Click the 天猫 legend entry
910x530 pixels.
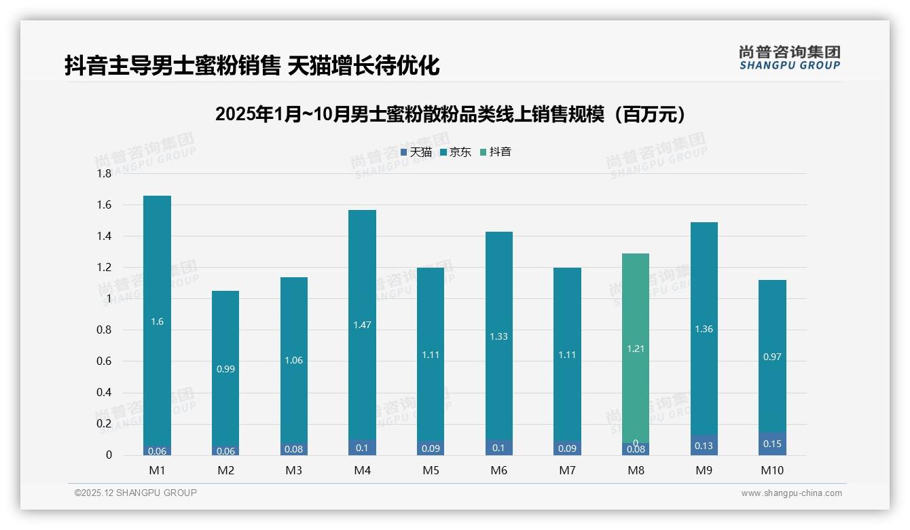(416, 152)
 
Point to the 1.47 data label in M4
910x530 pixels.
(362, 325)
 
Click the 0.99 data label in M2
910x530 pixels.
(225, 369)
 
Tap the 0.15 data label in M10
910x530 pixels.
(772, 444)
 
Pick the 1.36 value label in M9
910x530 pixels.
(704, 329)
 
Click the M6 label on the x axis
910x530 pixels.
(498, 470)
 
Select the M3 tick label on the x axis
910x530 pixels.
(293, 470)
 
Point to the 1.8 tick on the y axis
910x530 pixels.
(103, 174)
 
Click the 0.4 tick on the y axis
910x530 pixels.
(103, 393)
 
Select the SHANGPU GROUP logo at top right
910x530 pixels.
(789, 58)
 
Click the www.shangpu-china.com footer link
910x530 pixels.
(791, 493)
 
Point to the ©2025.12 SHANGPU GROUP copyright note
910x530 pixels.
(135, 493)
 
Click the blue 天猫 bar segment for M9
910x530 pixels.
(704, 446)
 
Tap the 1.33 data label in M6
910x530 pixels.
(498, 336)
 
